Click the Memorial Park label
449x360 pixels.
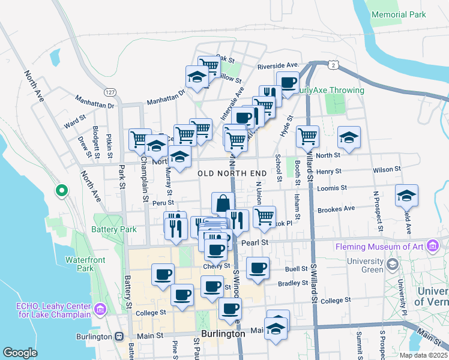click(x=399, y=14)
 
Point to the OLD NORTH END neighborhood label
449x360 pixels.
click(x=232, y=173)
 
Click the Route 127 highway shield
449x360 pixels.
click(x=109, y=92)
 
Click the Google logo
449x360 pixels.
click(x=20, y=352)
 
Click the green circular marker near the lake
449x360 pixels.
click(x=61, y=191)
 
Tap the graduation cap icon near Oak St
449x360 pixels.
click(x=196, y=77)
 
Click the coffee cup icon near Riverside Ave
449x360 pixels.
click(x=288, y=82)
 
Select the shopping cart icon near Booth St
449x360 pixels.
click(x=307, y=136)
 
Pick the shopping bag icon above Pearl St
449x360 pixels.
click(x=223, y=203)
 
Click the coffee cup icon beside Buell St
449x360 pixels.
click(x=258, y=268)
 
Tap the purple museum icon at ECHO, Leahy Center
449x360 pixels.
click(x=100, y=310)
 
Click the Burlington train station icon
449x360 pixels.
click(x=119, y=337)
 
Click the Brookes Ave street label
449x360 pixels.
click(x=337, y=209)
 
